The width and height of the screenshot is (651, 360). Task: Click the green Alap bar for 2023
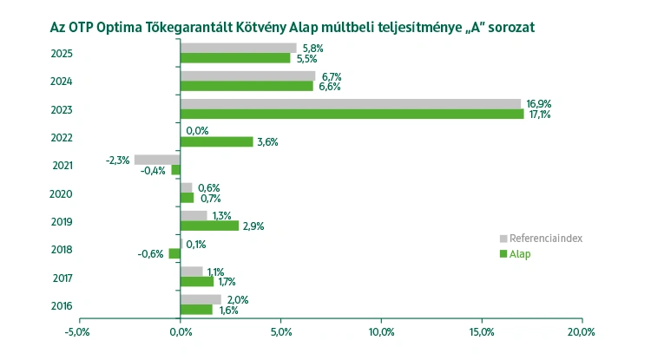(352, 114)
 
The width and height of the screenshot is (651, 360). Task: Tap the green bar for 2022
(216, 141)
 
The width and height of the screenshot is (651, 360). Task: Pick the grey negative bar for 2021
(156, 160)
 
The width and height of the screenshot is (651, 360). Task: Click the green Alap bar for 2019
(209, 226)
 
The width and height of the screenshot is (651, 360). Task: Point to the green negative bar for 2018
(174, 254)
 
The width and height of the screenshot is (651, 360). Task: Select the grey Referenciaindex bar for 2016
(200, 299)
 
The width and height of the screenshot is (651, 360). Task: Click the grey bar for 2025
(238, 48)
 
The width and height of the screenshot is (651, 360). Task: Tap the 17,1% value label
(539, 115)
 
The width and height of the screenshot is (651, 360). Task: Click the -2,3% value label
(117, 160)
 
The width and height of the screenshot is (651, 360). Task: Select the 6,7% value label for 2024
(331, 75)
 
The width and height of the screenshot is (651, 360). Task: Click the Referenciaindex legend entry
(543, 238)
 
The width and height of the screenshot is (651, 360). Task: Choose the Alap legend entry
(520, 254)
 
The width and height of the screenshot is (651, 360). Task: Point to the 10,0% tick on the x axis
(381, 331)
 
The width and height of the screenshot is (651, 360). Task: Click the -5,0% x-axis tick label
(78, 331)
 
